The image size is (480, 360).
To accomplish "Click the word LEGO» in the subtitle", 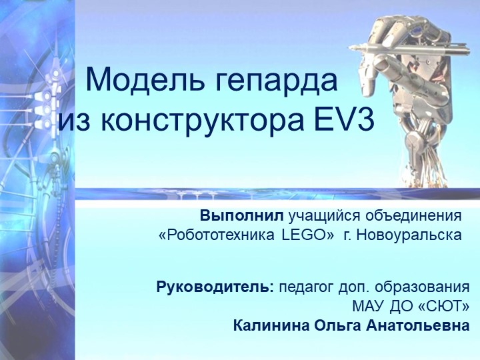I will coord(308,235).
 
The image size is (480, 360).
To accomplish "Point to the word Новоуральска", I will coord(411,235).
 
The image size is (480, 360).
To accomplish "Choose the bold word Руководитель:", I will coord(215,289).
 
